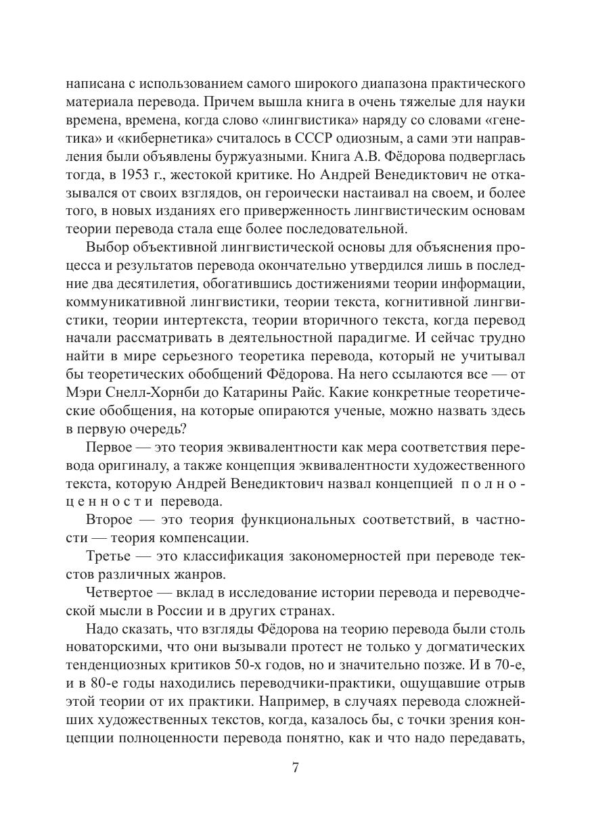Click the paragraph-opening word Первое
pyautogui.click(x=113, y=449)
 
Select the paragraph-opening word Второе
pyautogui.click(x=114, y=520)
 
